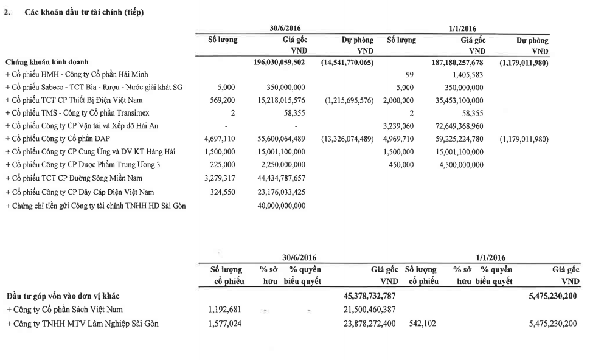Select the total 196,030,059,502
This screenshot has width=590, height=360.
[279, 62]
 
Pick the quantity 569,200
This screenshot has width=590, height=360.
[224, 100]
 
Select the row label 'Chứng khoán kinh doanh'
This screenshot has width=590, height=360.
[47, 62]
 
